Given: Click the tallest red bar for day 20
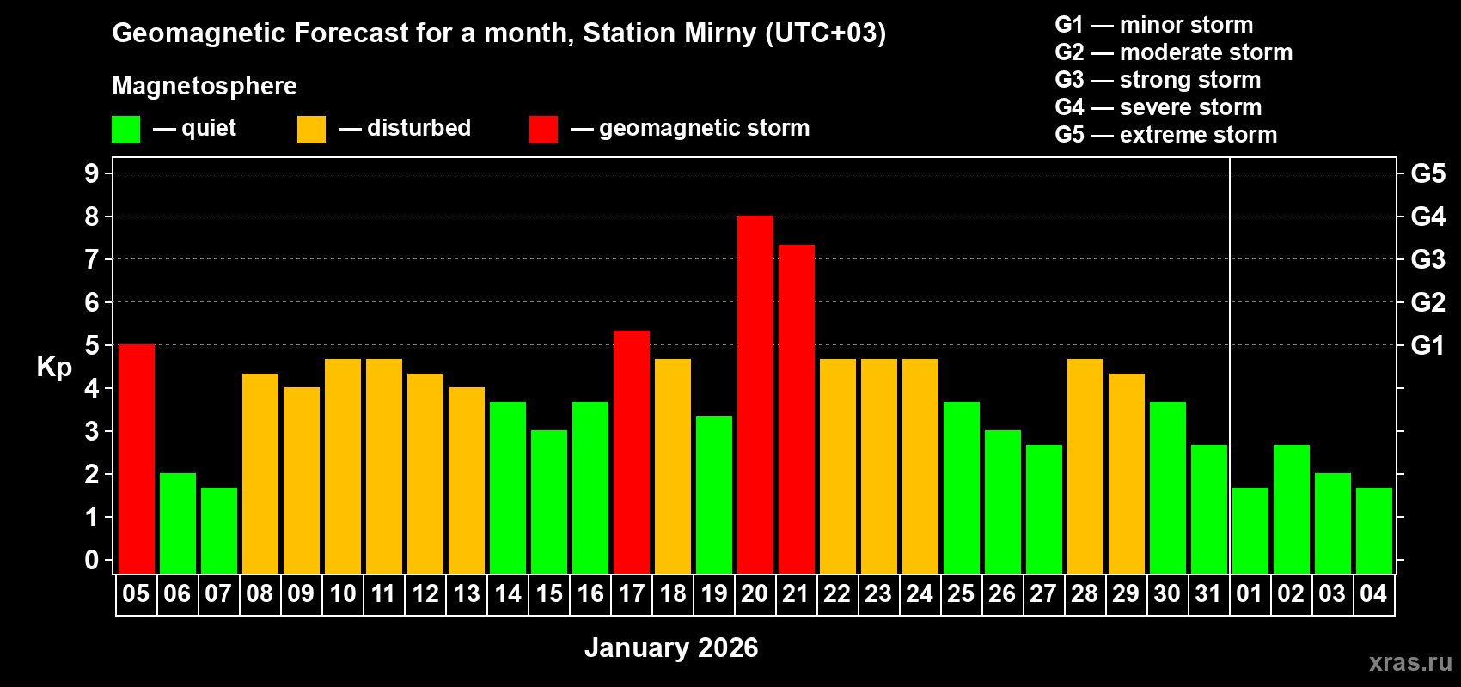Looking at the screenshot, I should click(x=755, y=395).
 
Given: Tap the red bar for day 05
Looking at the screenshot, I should click(x=136, y=459).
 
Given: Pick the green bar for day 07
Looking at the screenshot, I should click(x=218, y=531).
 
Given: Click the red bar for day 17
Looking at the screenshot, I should click(x=631, y=452).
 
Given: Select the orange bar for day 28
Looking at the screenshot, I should click(x=1085, y=465).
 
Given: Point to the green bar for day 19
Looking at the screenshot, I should click(x=713, y=495).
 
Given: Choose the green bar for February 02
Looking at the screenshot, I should click(x=1291, y=508).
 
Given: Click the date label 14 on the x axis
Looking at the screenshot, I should click(x=507, y=593).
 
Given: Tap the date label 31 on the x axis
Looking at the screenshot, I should click(x=1208, y=593).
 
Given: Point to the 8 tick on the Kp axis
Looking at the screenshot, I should click(x=92, y=216).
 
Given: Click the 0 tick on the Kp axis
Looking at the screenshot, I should click(x=92, y=560).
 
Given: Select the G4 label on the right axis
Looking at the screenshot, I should click(x=1427, y=216).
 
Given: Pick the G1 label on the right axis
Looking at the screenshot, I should click(x=1427, y=345).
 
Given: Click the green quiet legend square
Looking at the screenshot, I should click(x=125, y=130).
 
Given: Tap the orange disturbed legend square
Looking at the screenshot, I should click(x=311, y=130).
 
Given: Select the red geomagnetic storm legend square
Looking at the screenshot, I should click(x=543, y=130).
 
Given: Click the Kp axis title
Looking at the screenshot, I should click(x=54, y=368).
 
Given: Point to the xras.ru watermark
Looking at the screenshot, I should click(x=1409, y=661).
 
